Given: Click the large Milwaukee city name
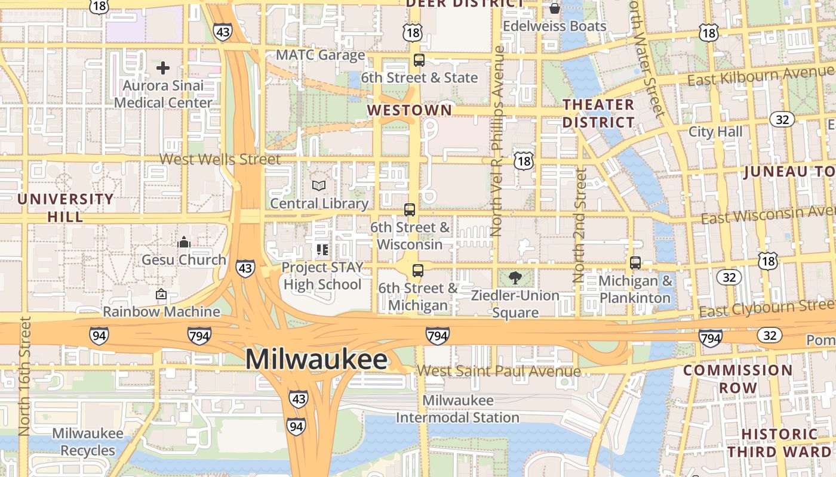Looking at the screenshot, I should [316, 360].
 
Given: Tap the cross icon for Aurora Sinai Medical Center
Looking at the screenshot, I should [163, 68].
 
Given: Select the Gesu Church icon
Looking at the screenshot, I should [184, 242].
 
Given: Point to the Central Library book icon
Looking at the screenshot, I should [319, 186].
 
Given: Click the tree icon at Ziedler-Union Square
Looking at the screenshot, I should [515, 277].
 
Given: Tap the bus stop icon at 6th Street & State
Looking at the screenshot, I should [419, 60].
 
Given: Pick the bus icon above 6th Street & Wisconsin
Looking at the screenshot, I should [410, 210].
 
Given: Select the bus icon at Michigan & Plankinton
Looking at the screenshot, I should [635, 263].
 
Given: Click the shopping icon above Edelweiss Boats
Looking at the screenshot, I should [555, 8].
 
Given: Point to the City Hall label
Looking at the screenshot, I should [715, 131].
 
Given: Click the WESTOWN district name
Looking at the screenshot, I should [410, 110].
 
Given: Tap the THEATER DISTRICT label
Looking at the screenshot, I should [599, 113].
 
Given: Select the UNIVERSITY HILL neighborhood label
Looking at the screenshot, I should [66, 207].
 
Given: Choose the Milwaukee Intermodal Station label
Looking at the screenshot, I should [457, 409].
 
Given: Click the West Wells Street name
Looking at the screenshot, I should [220, 159].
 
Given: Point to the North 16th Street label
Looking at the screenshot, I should [24, 376].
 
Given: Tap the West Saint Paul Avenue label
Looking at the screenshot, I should [499, 371].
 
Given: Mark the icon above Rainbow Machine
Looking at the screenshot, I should [161, 294].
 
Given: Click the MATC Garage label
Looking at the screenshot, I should [320, 55].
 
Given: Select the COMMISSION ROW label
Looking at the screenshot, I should [737, 379].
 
